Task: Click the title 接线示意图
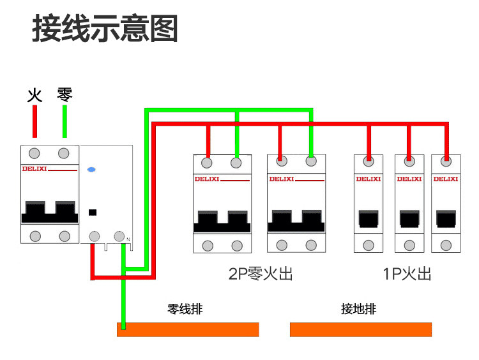105,29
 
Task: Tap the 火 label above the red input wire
34,96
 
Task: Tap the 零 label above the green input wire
65,95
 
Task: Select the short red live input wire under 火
34,121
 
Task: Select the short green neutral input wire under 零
65,121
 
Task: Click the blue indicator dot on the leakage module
91,170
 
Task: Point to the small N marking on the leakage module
128,239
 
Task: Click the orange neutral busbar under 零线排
188,329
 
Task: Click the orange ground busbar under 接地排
360,329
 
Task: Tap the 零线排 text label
185,310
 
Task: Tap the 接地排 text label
358,310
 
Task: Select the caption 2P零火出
261,274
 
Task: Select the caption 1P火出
407,274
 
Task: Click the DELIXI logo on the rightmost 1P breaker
445,179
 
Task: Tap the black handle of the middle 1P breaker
409,219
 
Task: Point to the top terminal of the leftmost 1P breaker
369,161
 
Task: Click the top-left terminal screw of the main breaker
34,153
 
